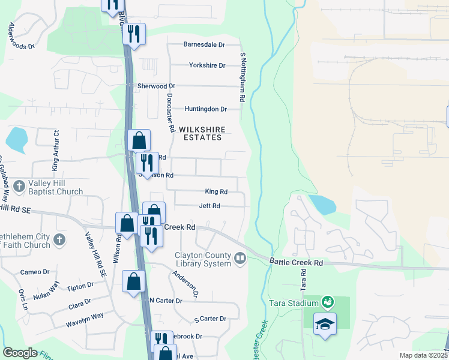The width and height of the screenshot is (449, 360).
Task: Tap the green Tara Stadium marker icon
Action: [328, 301]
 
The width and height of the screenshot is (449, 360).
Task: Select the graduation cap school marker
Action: [325, 324]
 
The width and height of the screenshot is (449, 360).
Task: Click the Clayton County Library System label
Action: [203, 259]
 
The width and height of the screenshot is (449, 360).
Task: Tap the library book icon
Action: [240, 259]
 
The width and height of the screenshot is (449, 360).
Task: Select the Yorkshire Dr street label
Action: [206, 65]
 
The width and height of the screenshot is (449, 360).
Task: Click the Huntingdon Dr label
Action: [205, 109]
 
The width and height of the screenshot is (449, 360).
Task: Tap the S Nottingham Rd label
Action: [243, 77]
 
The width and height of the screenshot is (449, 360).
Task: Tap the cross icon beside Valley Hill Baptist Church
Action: [19, 187]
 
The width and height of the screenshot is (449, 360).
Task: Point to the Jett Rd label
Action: [209, 206]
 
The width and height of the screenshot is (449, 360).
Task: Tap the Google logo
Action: [20, 353]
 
